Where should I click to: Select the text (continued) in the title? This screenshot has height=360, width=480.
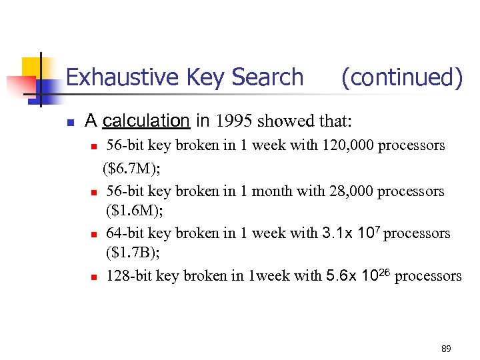[x=401, y=77]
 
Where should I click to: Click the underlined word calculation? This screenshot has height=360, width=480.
[x=147, y=121]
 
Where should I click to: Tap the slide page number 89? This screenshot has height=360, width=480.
[x=446, y=349]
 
